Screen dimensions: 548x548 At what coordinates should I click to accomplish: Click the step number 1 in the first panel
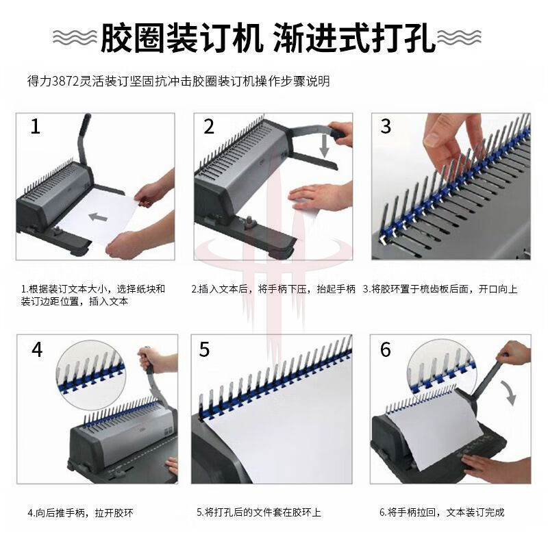36,127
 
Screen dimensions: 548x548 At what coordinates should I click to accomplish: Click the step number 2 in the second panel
209,127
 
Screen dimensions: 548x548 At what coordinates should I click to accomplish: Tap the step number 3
386,126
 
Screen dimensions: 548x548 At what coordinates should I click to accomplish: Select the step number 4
37,349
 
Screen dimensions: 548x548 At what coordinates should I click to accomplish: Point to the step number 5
204,349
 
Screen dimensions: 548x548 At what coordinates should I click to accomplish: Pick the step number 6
386,349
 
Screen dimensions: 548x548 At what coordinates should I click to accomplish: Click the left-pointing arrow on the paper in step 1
97,217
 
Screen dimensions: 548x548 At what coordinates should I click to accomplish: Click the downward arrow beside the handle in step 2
325,145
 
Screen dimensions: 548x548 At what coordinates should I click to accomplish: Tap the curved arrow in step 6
509,393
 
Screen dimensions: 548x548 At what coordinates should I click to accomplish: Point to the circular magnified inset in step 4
90,375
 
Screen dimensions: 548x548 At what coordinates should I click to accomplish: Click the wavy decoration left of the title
75,37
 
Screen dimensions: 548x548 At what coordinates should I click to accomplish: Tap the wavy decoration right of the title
459,37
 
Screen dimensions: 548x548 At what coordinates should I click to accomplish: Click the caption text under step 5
259,512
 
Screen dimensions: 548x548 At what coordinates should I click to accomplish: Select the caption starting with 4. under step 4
80,513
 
